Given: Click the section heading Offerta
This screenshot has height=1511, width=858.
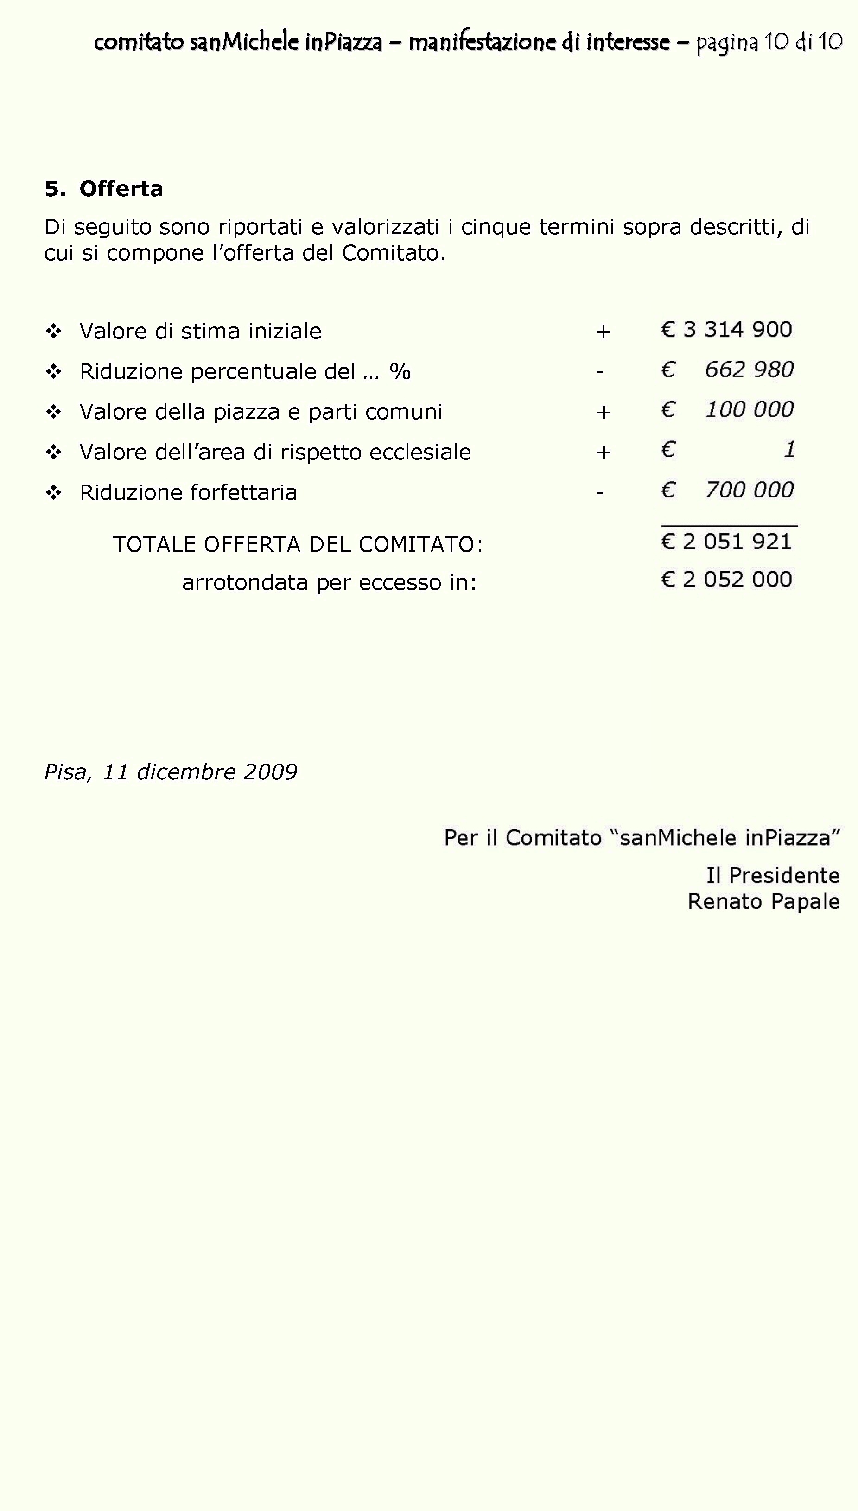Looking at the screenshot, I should click(121, 189).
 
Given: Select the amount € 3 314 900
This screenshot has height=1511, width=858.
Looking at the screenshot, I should click(727, 330).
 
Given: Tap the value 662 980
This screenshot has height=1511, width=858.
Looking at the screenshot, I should click(749, 370).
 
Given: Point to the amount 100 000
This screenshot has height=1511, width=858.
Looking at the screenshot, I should click(750, 409).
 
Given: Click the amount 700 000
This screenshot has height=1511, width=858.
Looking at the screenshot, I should click(750, 490).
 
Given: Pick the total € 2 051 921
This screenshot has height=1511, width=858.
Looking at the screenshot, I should click(727, 542).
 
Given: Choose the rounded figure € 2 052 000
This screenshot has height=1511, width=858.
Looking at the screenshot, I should click(727, 579).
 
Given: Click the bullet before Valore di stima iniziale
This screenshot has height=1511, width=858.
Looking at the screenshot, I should click(54, 331).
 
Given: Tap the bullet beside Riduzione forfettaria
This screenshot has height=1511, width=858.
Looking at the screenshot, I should click(54, 493).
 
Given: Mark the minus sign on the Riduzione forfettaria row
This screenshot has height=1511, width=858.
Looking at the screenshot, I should click(599, 492).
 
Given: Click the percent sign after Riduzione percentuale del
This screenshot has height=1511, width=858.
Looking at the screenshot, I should click(400, 371).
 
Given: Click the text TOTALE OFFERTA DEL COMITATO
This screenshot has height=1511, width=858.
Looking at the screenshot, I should click(298, 544).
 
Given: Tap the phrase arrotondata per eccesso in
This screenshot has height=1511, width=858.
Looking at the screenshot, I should click(329, 582).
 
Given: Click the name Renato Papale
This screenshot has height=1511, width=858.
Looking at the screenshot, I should click(764, 902).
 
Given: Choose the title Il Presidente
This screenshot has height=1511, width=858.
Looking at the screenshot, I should click(773, 876).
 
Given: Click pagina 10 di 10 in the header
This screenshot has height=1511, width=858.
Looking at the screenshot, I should click(769, 42).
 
